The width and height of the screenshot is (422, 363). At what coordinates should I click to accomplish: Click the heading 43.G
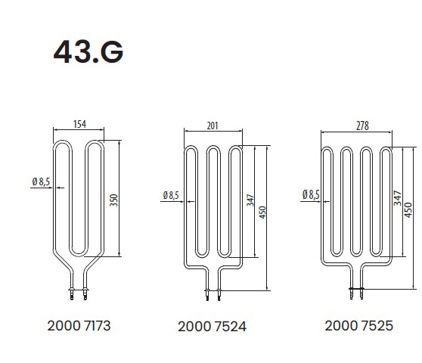coord(88,51)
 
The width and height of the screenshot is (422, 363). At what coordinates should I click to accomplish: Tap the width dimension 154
coord(79,124)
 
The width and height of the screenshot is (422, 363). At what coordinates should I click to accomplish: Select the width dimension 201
coord(213,126)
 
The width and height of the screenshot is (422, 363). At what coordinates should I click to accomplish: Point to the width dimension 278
coord(362,126)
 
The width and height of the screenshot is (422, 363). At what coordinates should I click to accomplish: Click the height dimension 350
coord(114,200)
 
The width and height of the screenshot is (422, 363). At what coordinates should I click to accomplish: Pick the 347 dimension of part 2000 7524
coord(250,200)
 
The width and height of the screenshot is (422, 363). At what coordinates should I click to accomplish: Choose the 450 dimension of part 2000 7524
coord(262,212)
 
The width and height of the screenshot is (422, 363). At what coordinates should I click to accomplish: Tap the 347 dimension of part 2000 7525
coord(398,198)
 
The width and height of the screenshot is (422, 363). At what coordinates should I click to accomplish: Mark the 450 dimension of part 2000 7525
coord(408,210)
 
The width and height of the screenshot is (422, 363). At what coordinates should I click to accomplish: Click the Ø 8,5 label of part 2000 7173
coord(41,182)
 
